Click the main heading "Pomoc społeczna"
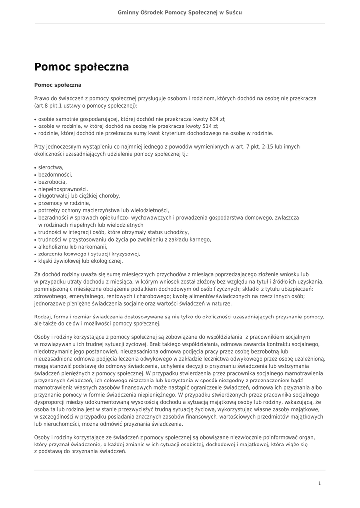tap(81, 67)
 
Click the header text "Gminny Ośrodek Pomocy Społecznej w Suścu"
tap(180, 12)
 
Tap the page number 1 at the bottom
tap(319, 483)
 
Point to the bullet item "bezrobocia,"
tap(53, 182)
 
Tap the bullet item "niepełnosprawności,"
tap(63, 189)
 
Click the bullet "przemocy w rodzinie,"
tap(64, 203)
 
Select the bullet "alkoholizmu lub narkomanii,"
tap(72, 247)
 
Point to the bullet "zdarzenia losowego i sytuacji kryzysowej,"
tap(89, 254)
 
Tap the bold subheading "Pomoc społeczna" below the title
tap(58, 85)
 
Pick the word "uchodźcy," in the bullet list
tap(176, 232)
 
